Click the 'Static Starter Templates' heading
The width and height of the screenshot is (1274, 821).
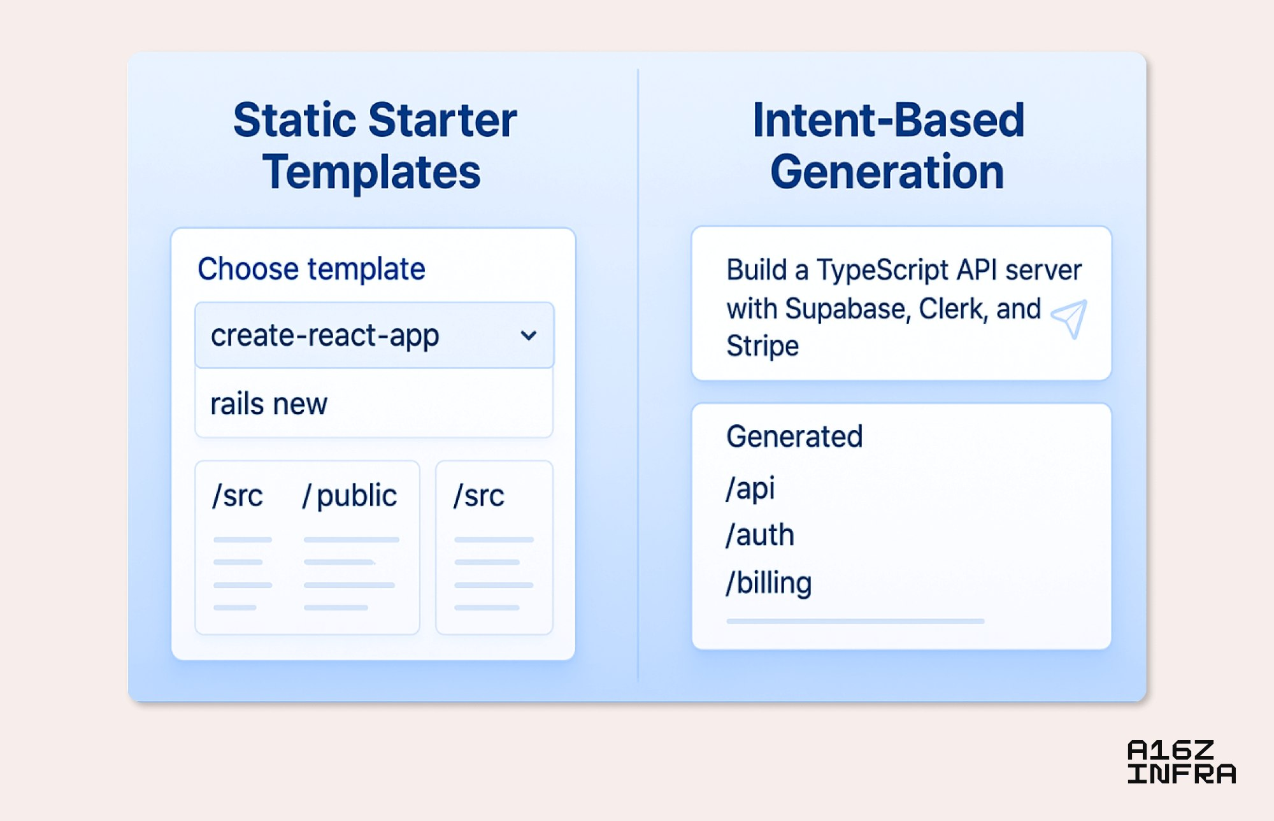[375, 146]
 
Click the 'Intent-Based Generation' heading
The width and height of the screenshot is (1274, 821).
[888, 146]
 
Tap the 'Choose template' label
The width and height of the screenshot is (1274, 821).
[311, 269]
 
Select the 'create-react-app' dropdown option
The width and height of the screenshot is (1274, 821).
[325, 336]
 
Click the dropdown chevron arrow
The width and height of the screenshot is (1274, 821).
[528, 336]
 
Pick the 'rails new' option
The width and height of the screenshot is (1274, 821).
[269, 404]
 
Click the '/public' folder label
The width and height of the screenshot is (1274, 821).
[350, 496]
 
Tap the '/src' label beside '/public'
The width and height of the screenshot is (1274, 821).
[238, 496]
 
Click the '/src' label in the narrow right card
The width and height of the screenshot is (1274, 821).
[479, 496]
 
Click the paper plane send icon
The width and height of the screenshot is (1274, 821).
[1070, 318]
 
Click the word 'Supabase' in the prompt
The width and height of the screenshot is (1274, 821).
[847, 309]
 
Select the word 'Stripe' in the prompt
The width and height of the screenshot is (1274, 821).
[762, 346]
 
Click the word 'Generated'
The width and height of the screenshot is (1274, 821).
[794, 437]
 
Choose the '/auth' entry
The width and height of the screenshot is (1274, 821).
[760, 535]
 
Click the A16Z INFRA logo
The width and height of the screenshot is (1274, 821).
[1182, 762]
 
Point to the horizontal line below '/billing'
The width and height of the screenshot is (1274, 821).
[855, 621]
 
